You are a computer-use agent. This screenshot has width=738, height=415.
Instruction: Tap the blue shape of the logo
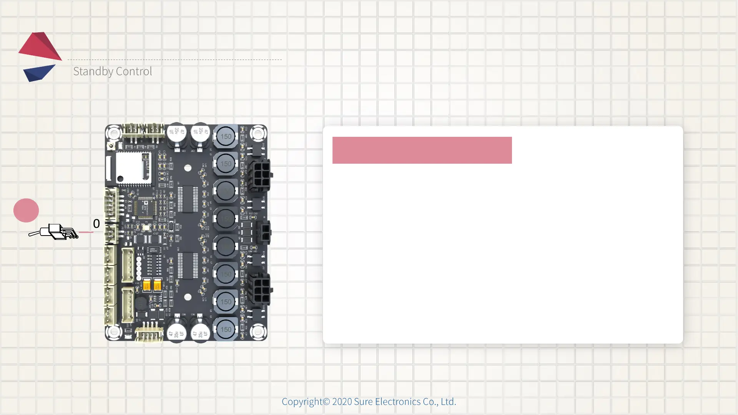[38, 73]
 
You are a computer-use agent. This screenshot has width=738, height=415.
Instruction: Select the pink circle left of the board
[26, 210]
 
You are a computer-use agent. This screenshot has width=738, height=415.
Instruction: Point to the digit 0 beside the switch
[96, 224]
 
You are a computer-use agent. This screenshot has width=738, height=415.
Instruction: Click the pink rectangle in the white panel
[422, 150]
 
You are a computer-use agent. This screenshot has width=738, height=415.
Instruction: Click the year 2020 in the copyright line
[342, 402]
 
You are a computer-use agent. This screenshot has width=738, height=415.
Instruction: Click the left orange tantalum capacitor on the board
[146, 285]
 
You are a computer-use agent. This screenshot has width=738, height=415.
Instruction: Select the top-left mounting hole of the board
[114, 134]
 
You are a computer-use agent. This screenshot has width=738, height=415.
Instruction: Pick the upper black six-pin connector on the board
[260, 175]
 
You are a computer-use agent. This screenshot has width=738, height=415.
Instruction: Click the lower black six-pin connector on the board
[260, 289]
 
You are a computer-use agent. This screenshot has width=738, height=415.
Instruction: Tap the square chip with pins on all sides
[145, 209]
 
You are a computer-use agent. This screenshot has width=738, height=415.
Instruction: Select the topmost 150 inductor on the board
[226, 136]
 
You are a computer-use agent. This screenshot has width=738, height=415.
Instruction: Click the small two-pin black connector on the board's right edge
[264, 232]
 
